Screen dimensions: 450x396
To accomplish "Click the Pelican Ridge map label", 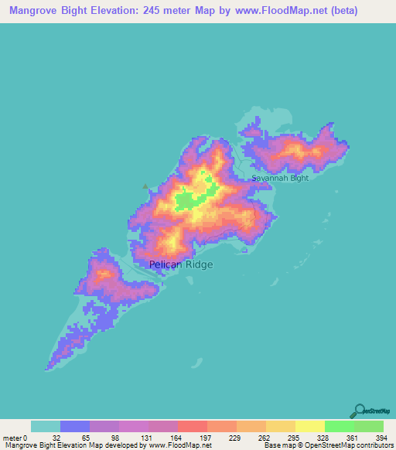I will [180, 264].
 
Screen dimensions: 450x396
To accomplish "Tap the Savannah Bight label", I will [279, 178].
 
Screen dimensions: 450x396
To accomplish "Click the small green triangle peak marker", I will [145, 185].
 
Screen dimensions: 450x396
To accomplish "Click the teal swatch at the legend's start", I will [45, 426].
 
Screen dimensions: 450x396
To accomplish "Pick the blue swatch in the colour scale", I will [74, 426].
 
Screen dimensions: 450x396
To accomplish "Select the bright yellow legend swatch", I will [309, 426].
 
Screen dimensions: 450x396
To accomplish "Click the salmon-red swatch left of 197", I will [192, 426].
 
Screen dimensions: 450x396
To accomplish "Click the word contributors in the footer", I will [374, 445].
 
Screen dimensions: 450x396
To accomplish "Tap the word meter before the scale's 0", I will [13, 437].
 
